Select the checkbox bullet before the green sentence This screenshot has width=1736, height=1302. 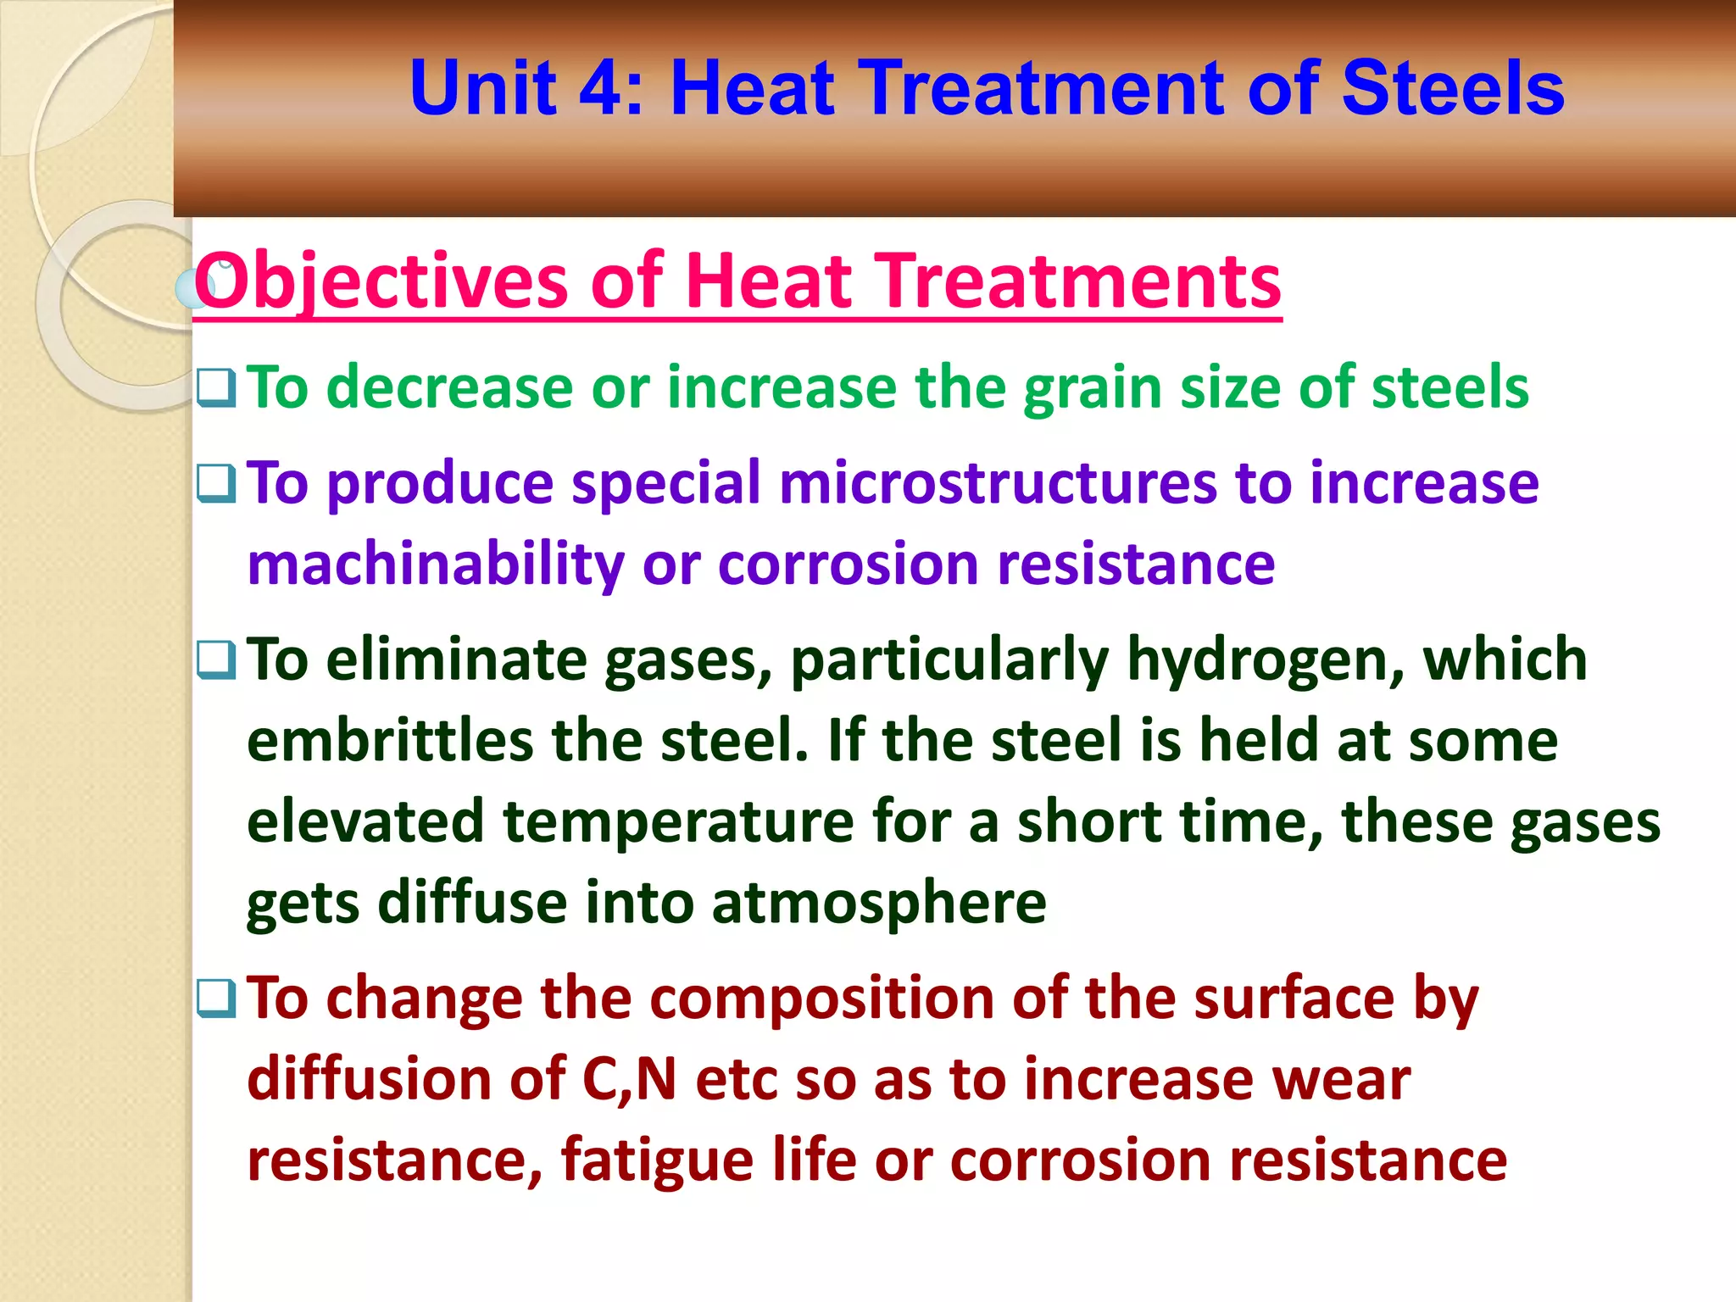(x=216, y=387)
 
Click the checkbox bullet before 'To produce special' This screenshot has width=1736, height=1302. (x=216, y=483)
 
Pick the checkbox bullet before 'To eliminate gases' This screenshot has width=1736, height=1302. (x=216, y=659)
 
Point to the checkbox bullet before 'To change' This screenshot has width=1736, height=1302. (x=216, y=998)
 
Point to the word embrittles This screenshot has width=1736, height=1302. (x=391, y=740)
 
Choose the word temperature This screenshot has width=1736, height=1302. (x=678, y=821)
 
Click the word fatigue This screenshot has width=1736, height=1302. (x=657, y=1160)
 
